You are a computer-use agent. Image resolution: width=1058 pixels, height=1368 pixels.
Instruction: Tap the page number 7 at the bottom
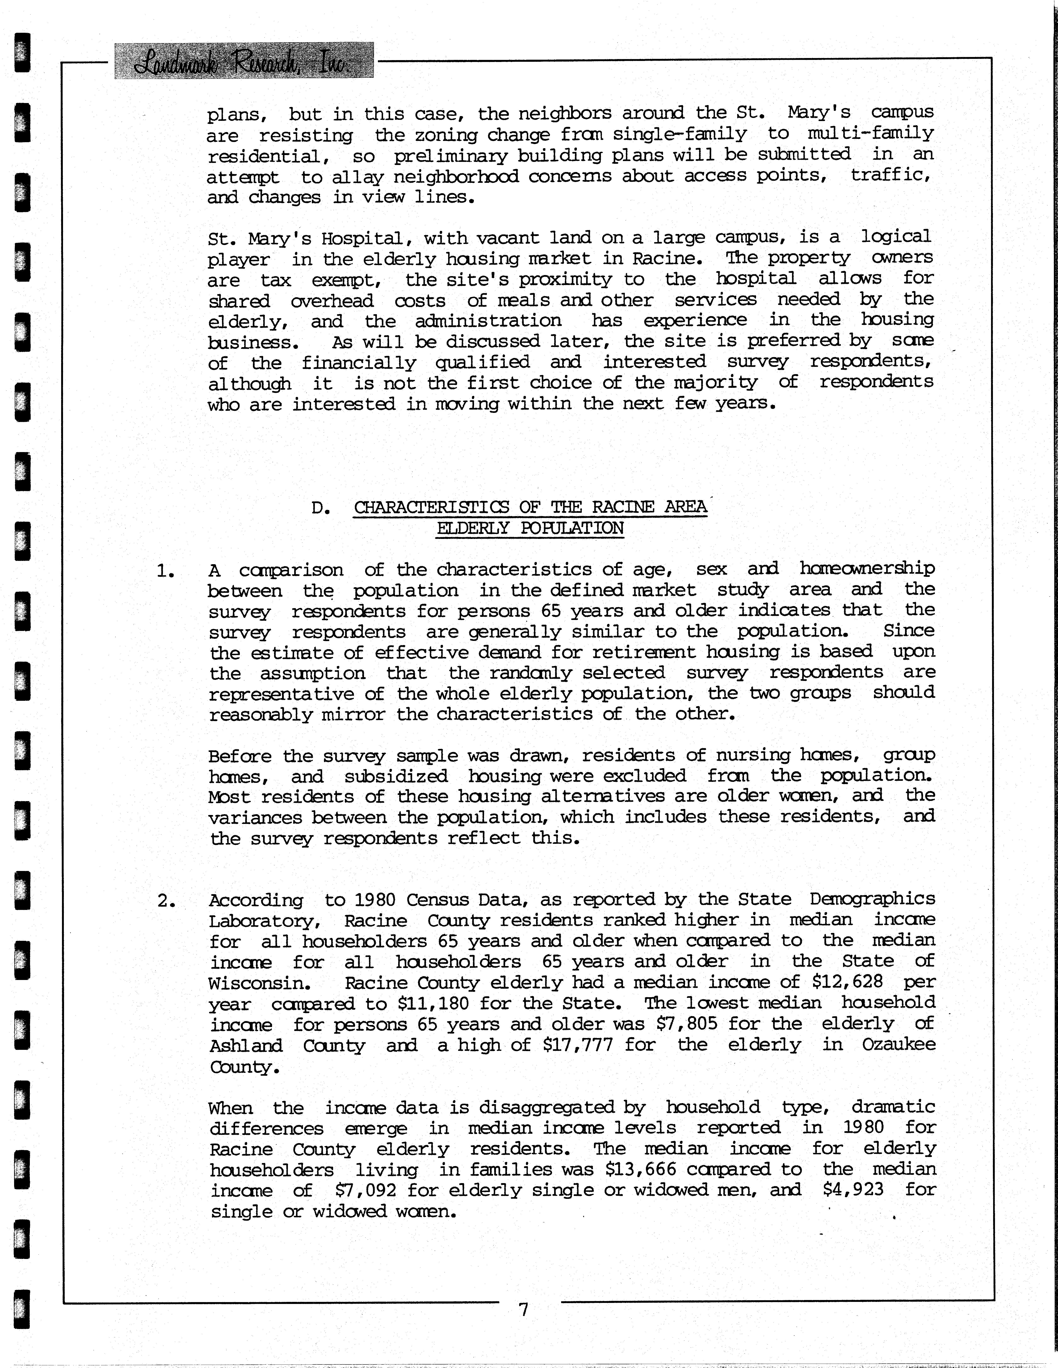[x=524, y=1309]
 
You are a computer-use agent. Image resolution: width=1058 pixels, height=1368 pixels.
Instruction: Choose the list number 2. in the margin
[x=165, y=901]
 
